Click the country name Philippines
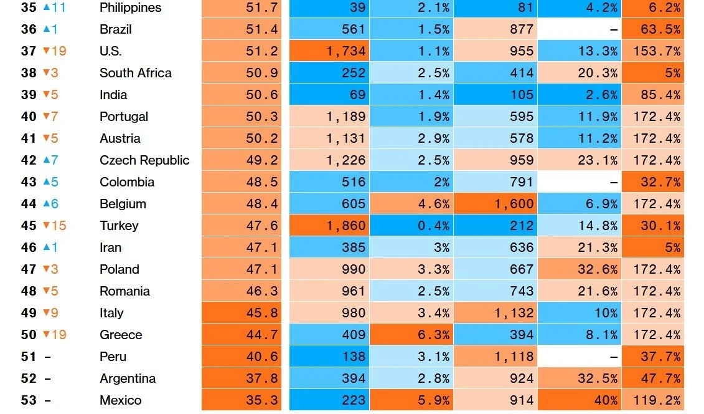(x=130, y=8)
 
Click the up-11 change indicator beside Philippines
(x=54, y=8)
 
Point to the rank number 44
(x=29, y=204)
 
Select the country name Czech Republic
(x=144, y=160)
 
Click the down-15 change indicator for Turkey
(x=54, y=226)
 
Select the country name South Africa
(x=135, y=73)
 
